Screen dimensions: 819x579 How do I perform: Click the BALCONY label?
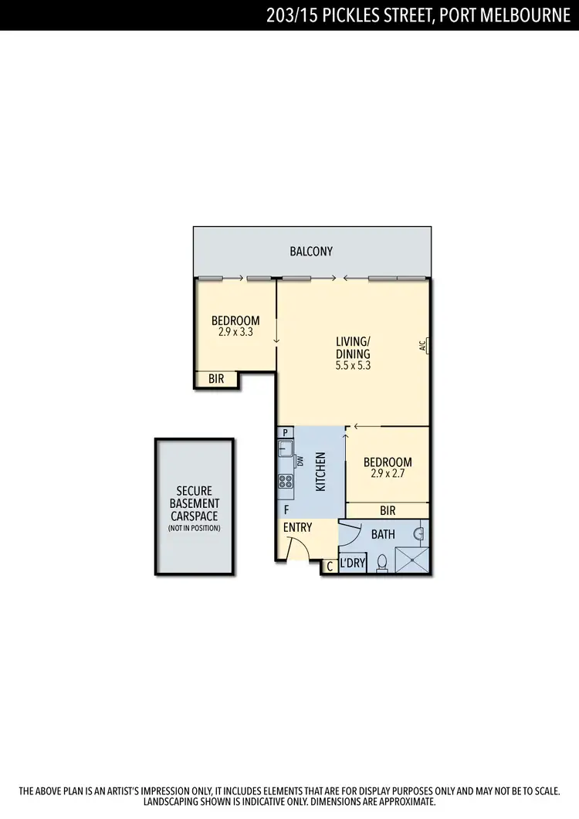[311, 251]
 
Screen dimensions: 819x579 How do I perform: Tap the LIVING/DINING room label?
[353, 347]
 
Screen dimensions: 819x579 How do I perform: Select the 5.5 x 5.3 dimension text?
[353, 366]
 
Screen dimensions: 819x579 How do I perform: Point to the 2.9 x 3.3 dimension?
[235, 332]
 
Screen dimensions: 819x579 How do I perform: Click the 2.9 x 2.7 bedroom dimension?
[388, 474]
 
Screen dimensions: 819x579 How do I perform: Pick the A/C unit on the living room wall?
[424, 346]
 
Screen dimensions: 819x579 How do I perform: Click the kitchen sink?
[286, 448]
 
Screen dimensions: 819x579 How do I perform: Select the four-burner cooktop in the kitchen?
[286, 482]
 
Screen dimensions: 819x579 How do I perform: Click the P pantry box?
[285, 432]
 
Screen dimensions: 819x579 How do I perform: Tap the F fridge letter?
[286, 509]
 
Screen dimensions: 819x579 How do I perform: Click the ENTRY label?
[298, 527]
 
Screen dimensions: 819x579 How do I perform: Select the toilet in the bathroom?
[381, 563]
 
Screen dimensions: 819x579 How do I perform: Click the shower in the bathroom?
[411, 559]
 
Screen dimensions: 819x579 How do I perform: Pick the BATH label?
[384, 533]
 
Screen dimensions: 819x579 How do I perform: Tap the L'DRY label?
[352, 563]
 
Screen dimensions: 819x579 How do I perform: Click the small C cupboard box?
[330, 567]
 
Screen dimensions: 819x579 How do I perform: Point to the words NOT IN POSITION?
[194, 528]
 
